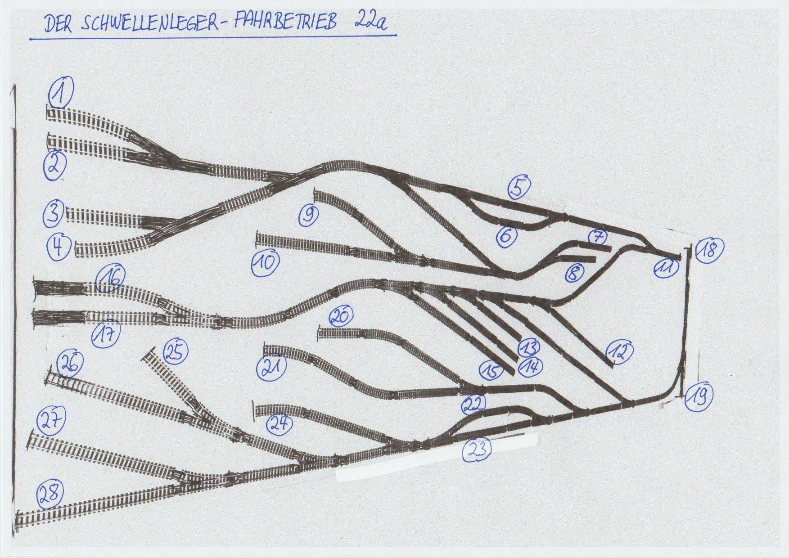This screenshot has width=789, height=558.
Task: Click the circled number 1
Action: pos(62,92)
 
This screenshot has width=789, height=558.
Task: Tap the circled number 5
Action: pos(519,188)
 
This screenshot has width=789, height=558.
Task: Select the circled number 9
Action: pos(309,215)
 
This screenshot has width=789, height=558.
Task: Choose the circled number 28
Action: pos(50,495)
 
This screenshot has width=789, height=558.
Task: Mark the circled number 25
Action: pos(175,352)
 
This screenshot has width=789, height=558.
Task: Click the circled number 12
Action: pos(619,351)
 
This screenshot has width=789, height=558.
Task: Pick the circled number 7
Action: pos(598,237)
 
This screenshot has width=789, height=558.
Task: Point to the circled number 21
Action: pos(272,367)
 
